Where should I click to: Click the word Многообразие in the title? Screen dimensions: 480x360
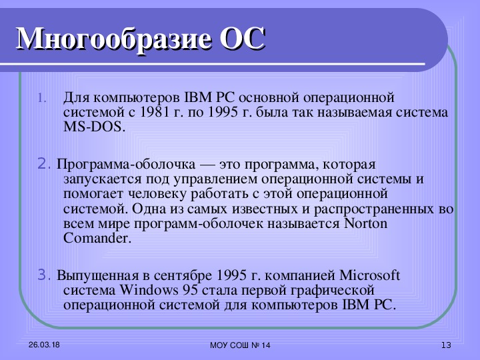(x=114, y=40)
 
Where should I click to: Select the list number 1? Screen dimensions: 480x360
(x=42, y=99)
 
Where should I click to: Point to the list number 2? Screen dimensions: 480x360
(x=44, y=164)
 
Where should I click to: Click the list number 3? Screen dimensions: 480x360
(x=44, y=275)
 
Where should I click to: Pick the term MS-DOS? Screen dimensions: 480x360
(x=94, y=127)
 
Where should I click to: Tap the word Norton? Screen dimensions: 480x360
(x=366, y=223)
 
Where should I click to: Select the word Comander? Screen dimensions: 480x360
(x=97, y=238)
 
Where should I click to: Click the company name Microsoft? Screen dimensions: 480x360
(x=370, y=275)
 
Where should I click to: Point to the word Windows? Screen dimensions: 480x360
(x=149, y=290)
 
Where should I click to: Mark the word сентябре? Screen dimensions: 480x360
(x=183, y=275)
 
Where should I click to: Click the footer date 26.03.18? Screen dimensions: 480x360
(x=44, y=345)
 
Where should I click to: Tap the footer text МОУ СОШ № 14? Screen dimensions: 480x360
(x=240, y=345)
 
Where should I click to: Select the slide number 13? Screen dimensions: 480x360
(x=446, y=345)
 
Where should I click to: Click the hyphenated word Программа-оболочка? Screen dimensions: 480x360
(x=126, y=165)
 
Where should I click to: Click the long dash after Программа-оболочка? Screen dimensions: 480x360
(x=207, y=165)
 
